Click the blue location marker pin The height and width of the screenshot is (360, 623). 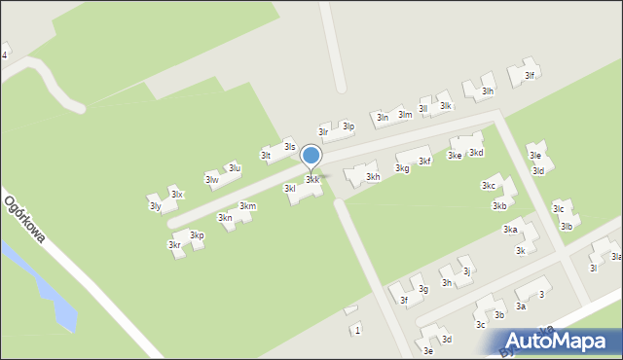(311, 156)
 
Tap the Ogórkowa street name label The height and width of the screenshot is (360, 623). (26, 222)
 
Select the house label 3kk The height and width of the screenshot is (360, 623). (312, 180)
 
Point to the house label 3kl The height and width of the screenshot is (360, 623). (289, 188)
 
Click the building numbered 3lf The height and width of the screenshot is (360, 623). (530, 75)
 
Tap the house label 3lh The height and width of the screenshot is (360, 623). (489, 91)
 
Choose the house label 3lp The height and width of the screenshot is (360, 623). (348, 126)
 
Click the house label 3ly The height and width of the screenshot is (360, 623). (155, 206)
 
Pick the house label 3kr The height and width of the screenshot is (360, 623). (173, 245)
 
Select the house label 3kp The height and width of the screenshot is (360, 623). (197, 235)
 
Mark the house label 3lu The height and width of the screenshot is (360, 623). (235, 168)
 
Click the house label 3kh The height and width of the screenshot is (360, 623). (373, 177)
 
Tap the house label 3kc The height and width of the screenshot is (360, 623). (489, 186)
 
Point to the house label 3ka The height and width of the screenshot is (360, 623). (509, 230)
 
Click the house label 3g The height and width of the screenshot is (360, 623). (423, 289)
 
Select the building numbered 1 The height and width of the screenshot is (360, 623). (357, 330)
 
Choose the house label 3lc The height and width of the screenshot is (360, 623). (558, 208)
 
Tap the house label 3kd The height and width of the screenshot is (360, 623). (476, 153)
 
